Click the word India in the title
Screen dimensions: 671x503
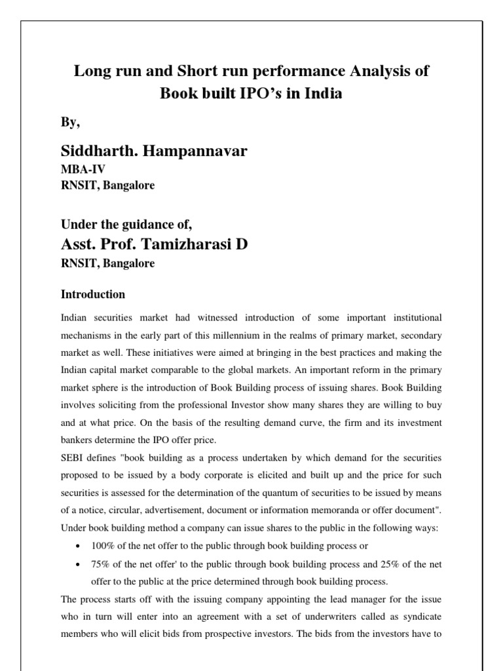(323, 93)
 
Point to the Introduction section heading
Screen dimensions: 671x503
(92, 294)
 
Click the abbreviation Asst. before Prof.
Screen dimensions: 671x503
(79, 244)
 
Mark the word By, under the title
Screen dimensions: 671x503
(71, 122)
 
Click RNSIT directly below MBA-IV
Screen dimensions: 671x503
(77, 185)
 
